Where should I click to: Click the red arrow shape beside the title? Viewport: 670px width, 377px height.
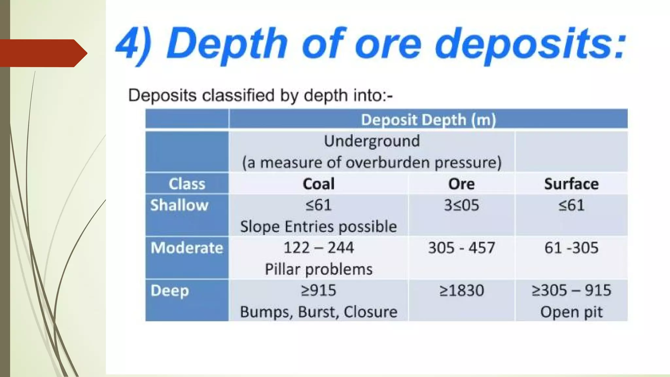pyautogui.click(x=43, y=53)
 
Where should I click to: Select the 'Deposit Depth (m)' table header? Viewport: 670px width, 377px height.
pyautogui.click(x=428, y=119)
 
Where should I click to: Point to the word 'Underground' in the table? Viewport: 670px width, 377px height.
pyautogui.click(x=372, y=141)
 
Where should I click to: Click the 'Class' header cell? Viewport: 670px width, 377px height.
pyautogui.click(x=187, y=184)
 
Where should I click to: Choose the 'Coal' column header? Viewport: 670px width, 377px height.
pyautogui.click(x=318, y=184)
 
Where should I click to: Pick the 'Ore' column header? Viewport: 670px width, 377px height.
pyautogui.click(x=461, y=184)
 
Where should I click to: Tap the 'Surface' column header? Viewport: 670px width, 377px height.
pyautogui.click(x=571, y=184)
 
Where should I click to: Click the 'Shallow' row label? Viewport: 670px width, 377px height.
pyautogui.click(x=179, y=205)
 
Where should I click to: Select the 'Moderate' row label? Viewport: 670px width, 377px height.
pyautogui.click(x=187, y=248)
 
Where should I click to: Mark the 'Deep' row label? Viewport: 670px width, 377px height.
pyautogui.click(x=170, y=291)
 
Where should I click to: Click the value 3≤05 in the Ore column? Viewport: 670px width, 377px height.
pyautogui.click(x=461, y=205)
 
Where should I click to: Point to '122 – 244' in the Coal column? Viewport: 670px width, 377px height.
pyautogui.click(x=318, y=248)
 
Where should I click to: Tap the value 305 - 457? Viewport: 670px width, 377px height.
pyautogui.click(x=461, y=248)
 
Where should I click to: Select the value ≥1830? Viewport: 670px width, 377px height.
pyautogui.click(x=461, y=291)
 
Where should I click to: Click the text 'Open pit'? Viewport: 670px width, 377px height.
pyautogui.click(x=571, y=312)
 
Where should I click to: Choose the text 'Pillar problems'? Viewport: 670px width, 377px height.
pyautogui.click(x=318, y=269)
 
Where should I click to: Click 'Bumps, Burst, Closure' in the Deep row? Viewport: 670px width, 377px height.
pyautogui.click(x=318, y=312)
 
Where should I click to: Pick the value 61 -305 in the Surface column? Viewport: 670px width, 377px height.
pyautogui.click(x=571, y=248)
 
